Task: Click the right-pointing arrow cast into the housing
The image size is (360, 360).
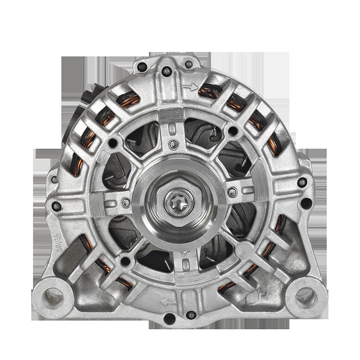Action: (191, 87)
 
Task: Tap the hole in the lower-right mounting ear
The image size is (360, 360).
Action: (306, 297)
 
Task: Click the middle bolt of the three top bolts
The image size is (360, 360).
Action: (166, 71)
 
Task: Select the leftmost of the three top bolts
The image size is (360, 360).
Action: (142, 67)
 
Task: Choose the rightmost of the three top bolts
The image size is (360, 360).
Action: (189, 64)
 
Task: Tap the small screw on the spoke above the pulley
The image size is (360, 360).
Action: (173, 144)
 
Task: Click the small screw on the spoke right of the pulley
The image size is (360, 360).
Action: (232, 193)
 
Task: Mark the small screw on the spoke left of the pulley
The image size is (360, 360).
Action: (126, 203)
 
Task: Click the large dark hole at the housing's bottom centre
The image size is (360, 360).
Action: (169, 319)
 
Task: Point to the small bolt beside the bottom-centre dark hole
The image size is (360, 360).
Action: (191, 315)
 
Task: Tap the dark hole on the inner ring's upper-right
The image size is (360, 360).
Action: (233, 131)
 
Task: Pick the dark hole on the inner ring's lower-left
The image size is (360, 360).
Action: (126, 261)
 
